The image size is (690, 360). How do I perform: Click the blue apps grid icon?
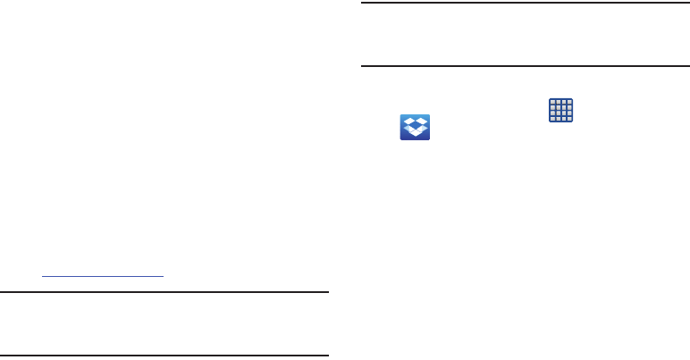560,111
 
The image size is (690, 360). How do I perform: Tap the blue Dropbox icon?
415,127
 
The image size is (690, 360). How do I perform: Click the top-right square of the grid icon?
568,103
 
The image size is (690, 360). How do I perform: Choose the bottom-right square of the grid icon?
568,119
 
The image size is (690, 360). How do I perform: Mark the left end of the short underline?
43,276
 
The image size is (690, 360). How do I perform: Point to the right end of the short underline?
164,276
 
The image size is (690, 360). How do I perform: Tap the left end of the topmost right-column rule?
361,3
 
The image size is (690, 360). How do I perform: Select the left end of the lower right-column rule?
361,65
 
